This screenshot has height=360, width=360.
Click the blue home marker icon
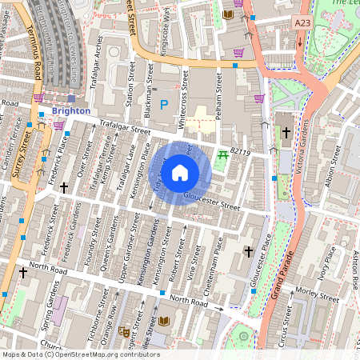coord(180,172)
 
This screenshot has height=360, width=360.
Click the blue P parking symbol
coord(165,104)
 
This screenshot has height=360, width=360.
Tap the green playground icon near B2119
coord(222,157)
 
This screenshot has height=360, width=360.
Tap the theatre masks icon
coord(123,330)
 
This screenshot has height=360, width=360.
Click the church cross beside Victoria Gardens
coord(286,134)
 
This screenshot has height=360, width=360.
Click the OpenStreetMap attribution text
coord(80,354)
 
